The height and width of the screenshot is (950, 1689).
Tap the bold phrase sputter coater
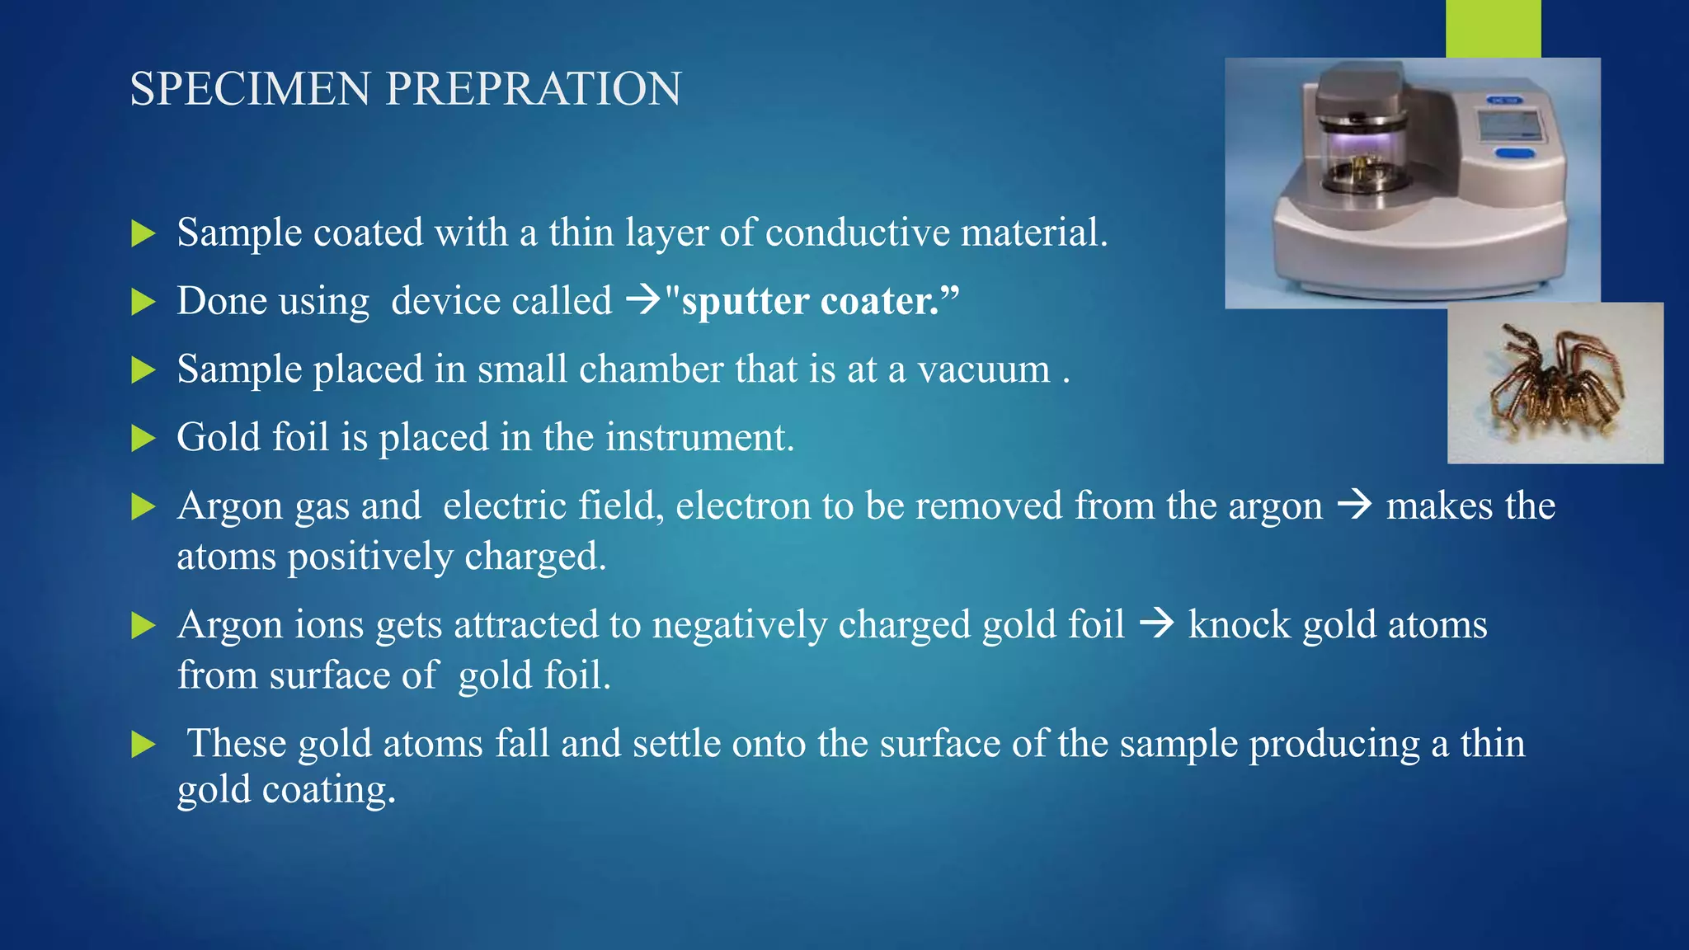(812, 301)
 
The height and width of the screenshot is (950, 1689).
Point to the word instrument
(699, 438)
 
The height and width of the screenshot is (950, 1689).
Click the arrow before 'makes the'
(1354, 505)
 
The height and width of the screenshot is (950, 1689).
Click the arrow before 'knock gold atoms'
(1156, 623)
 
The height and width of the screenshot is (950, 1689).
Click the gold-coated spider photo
(1555, 383)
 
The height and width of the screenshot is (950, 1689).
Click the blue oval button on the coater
(1514, 153)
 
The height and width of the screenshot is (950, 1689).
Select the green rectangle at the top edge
(1493, 28)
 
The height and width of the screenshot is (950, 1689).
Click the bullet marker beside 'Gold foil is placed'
(143, 438)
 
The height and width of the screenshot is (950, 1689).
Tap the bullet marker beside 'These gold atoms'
(143, 745)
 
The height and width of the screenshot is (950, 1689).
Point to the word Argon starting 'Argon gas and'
(229, 506)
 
